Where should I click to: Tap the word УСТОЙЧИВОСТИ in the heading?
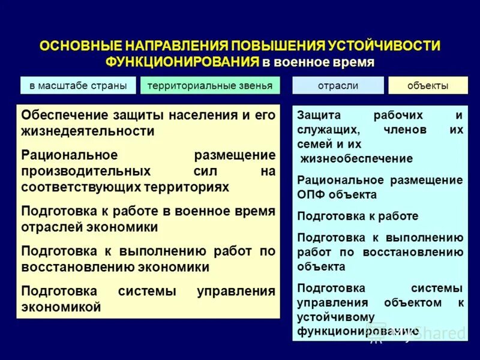[x=385, y=46]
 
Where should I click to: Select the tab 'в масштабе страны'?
[x=78, y=86]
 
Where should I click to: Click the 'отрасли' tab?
[x=338, y=86]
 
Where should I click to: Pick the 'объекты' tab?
[x=427, y=86]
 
